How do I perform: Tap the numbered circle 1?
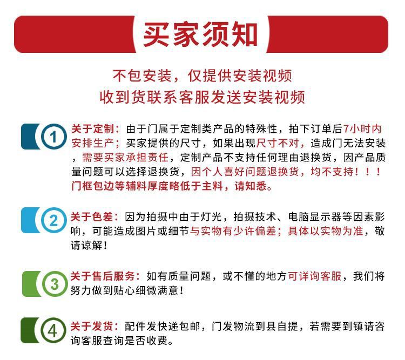pos(52,137)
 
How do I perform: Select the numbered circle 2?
pos(53,221)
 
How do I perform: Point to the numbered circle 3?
pos(53,283)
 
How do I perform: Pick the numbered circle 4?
pos(52,331)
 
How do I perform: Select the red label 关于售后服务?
pos(103,276)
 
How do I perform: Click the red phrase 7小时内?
pos(362,130)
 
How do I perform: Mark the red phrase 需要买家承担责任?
pos(125,158)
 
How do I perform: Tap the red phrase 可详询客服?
pos(315,276)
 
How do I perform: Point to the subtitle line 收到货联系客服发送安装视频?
pos(202,97)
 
